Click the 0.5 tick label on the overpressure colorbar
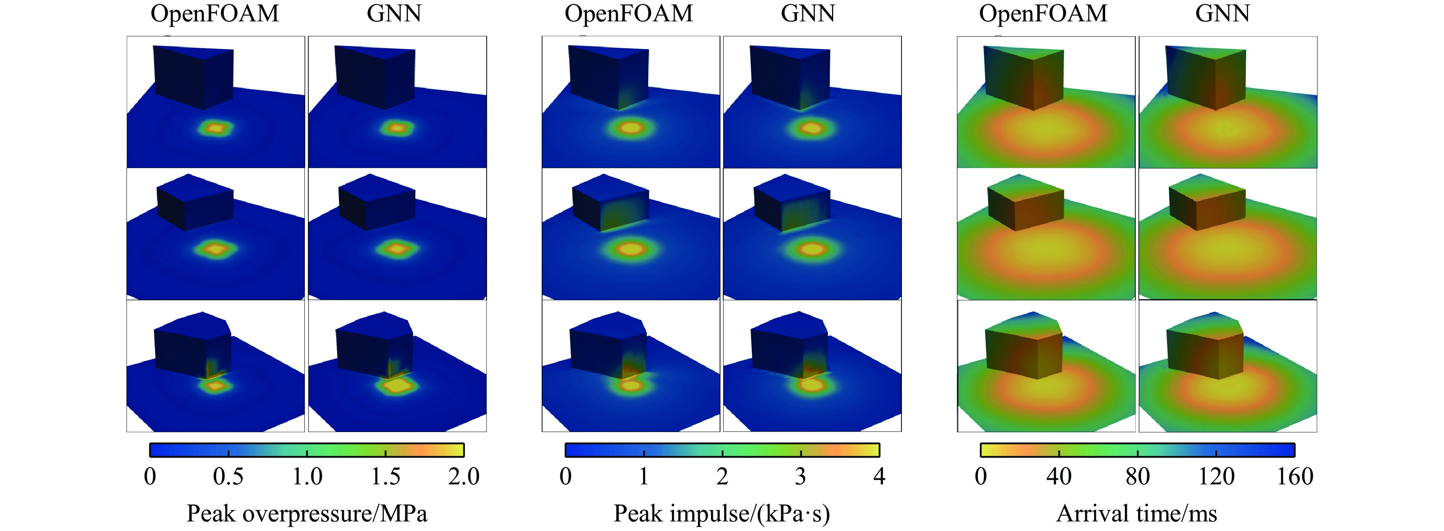[x=228, y=477]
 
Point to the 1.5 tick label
[x=386, y=477]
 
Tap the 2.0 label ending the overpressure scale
[x=464, y=477]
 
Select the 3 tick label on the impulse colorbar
[x=800, y=477]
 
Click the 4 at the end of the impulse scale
[x=879, y=477]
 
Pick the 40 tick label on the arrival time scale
[x=1059, y=477]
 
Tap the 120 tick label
[x=1216, y=477]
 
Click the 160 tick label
[x=1295, y=477]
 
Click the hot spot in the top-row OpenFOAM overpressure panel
[x=216, y=128]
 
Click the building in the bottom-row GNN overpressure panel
[x=374, y=348]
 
